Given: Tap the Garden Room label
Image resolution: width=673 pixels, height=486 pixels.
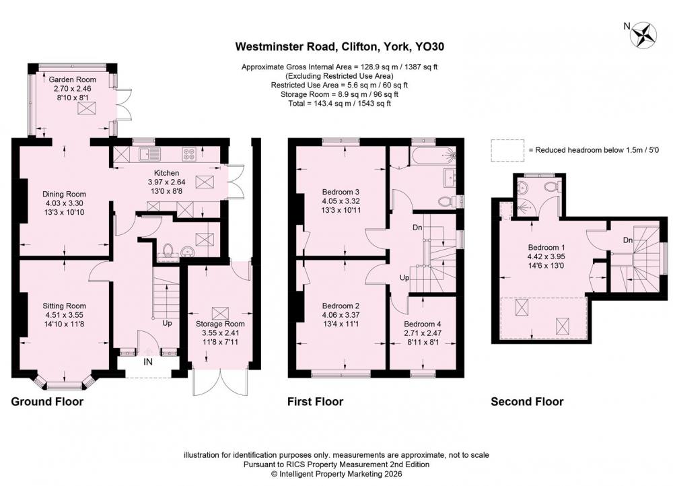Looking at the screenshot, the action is pos(72,79).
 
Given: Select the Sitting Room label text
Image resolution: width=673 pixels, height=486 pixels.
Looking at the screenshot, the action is pos(64,306).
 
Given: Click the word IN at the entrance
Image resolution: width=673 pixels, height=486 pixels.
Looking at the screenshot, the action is pos(147,362).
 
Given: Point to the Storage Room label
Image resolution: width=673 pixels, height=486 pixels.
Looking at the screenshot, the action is pos(220,324).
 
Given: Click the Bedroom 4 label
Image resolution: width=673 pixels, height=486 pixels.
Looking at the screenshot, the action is pos(423,324).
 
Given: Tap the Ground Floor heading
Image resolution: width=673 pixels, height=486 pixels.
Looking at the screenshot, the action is pos(47,402).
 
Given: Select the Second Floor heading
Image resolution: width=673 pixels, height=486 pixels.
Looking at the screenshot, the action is pos(527,402).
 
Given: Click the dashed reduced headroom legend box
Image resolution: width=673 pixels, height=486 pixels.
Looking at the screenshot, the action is pos(507,150).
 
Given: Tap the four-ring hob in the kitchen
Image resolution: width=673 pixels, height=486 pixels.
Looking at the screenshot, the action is pos(189,153).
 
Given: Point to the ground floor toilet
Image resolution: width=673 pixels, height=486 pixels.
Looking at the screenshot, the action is pos(168,250).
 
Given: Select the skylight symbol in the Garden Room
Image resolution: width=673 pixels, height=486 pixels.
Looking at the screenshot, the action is pos(85,108).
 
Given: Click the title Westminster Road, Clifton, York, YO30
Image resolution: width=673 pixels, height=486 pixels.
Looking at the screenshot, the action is pos(339,46).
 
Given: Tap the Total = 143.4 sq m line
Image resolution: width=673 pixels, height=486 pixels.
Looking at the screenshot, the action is pos(339,104).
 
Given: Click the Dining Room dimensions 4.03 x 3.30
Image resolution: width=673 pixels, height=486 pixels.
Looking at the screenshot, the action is pos(64,203).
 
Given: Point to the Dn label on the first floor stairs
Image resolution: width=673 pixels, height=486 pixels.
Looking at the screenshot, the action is pos(417,228).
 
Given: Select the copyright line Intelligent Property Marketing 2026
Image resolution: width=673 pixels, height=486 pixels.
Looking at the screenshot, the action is pos(336,474).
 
